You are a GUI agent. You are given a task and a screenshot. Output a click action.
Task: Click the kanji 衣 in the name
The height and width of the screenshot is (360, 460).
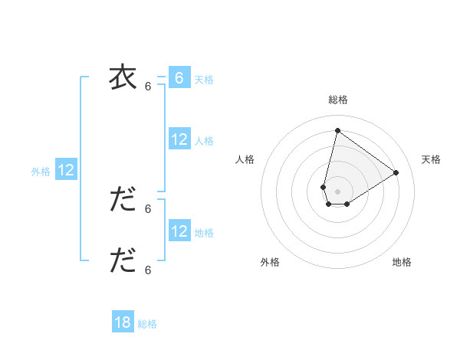click(122, 77)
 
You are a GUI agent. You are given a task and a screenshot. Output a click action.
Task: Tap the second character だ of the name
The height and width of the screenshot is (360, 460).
click(123, 200)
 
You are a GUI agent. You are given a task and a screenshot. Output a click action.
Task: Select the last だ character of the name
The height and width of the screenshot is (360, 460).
click(123, 260)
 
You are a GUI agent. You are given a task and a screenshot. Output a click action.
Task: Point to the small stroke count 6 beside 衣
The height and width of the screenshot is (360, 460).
click(148, 87)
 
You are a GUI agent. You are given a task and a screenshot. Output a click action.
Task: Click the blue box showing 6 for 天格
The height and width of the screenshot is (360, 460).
click(179, 77)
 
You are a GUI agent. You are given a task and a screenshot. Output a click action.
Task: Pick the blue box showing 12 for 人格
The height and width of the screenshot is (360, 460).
click(179, 139)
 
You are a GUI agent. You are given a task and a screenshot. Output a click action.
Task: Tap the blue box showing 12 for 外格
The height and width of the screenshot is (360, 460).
click(66, 170)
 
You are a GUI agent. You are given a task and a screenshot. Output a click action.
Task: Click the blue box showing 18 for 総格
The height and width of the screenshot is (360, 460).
click(123, 322)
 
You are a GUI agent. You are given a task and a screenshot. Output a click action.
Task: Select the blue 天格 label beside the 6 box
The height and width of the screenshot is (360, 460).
click(204, 80)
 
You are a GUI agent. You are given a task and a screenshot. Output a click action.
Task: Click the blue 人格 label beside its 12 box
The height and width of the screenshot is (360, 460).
click(204, 141)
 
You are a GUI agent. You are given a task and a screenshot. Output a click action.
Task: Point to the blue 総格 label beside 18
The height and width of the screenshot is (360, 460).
click(147, 324)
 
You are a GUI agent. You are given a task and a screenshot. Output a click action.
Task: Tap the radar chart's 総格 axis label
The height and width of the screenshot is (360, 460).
click(337, 100)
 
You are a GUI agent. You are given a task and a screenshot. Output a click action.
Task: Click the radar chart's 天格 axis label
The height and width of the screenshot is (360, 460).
click(431, 159)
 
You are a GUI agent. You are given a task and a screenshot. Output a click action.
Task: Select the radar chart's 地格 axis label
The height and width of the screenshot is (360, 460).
click(402, 262)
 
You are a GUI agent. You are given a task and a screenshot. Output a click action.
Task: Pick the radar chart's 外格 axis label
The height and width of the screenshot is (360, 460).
click(270, 262)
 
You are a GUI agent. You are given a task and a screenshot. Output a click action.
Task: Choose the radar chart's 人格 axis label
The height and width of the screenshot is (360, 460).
click(245, 159)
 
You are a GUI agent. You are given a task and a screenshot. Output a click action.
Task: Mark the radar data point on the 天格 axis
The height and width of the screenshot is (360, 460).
click(396, 172)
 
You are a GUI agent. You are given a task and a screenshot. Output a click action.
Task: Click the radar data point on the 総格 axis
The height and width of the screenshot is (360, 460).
click(337, 130)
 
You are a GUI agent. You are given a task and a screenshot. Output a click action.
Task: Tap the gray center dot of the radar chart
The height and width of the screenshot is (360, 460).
click(337, 191)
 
